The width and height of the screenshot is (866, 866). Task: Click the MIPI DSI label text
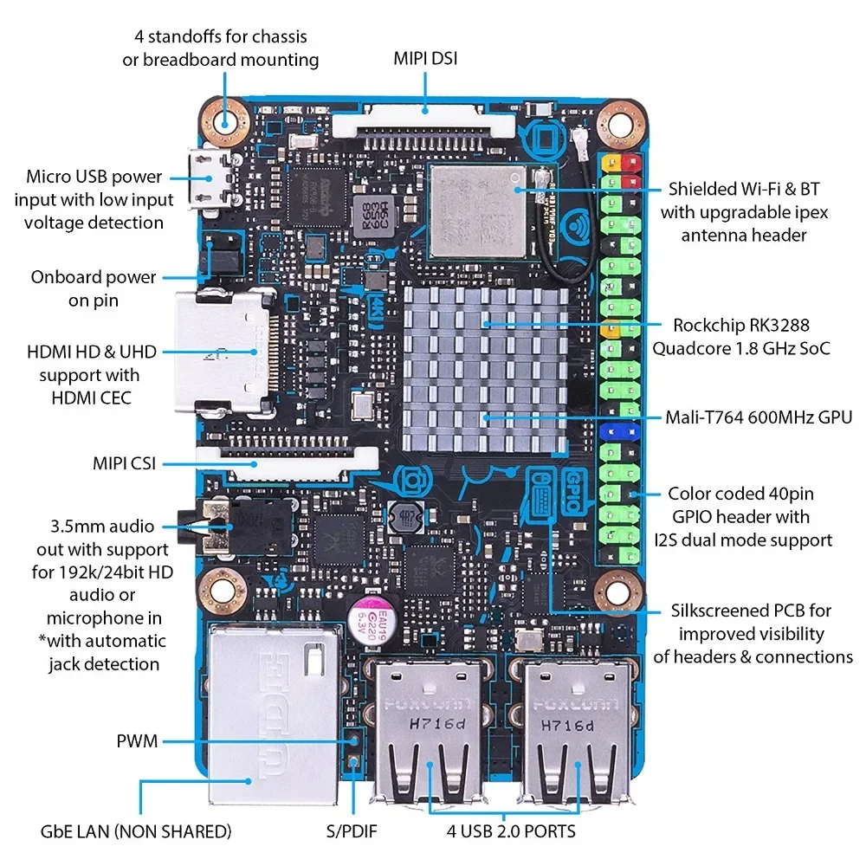pyautogui.click(x=425, y=59)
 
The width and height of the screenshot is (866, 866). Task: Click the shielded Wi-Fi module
pyautogui.click(x=477, y=210)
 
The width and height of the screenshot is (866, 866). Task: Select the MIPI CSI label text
pyautogui.click(x=124, y=463)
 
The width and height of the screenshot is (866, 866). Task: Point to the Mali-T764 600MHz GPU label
pyautogui.click(x=759, y=417)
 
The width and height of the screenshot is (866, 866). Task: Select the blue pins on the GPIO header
pyautogui.click(x=618, y=430)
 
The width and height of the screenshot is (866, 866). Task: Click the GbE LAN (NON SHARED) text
pyautogui.click(x=136, y=831)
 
